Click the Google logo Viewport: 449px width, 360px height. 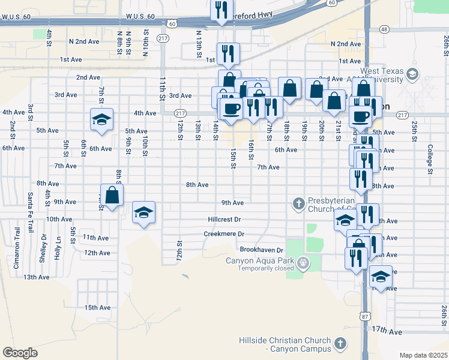click(x=20, y=352)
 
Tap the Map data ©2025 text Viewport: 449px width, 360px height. click(x=423, y=355)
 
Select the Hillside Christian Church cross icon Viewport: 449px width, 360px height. click(x=340, y=344)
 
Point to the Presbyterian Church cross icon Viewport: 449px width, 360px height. click(x=298, y=205)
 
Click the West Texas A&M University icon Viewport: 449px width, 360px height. click(x=412, y=74)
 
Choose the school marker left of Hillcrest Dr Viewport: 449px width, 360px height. click(x=143, y=213)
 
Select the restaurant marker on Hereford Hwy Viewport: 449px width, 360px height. click(x=221, y=10)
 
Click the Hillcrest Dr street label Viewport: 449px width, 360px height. click(x=224, y=220)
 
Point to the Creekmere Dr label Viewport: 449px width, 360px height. click(x=224, y=234)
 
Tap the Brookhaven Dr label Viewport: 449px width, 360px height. click(x=261, y=249)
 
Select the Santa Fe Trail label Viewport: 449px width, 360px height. click(x=30, y=206)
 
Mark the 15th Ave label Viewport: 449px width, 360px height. click(x=97, y=307)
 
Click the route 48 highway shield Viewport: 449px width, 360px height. click(x=384, y=29)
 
